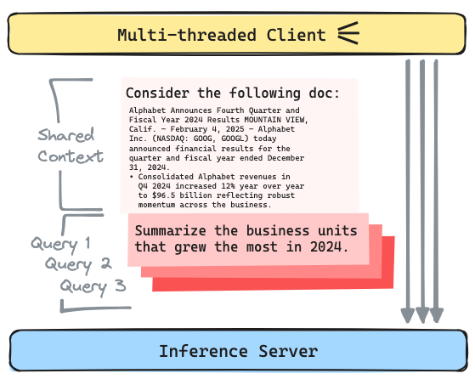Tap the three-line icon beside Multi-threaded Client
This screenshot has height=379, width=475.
(x=348, y=33)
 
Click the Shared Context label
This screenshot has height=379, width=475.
(x=71, y=145)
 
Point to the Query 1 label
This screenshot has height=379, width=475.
(x=60, y=245)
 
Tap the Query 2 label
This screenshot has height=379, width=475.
(x=78, y=264)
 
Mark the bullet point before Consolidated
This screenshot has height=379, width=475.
(x=130, y=176)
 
